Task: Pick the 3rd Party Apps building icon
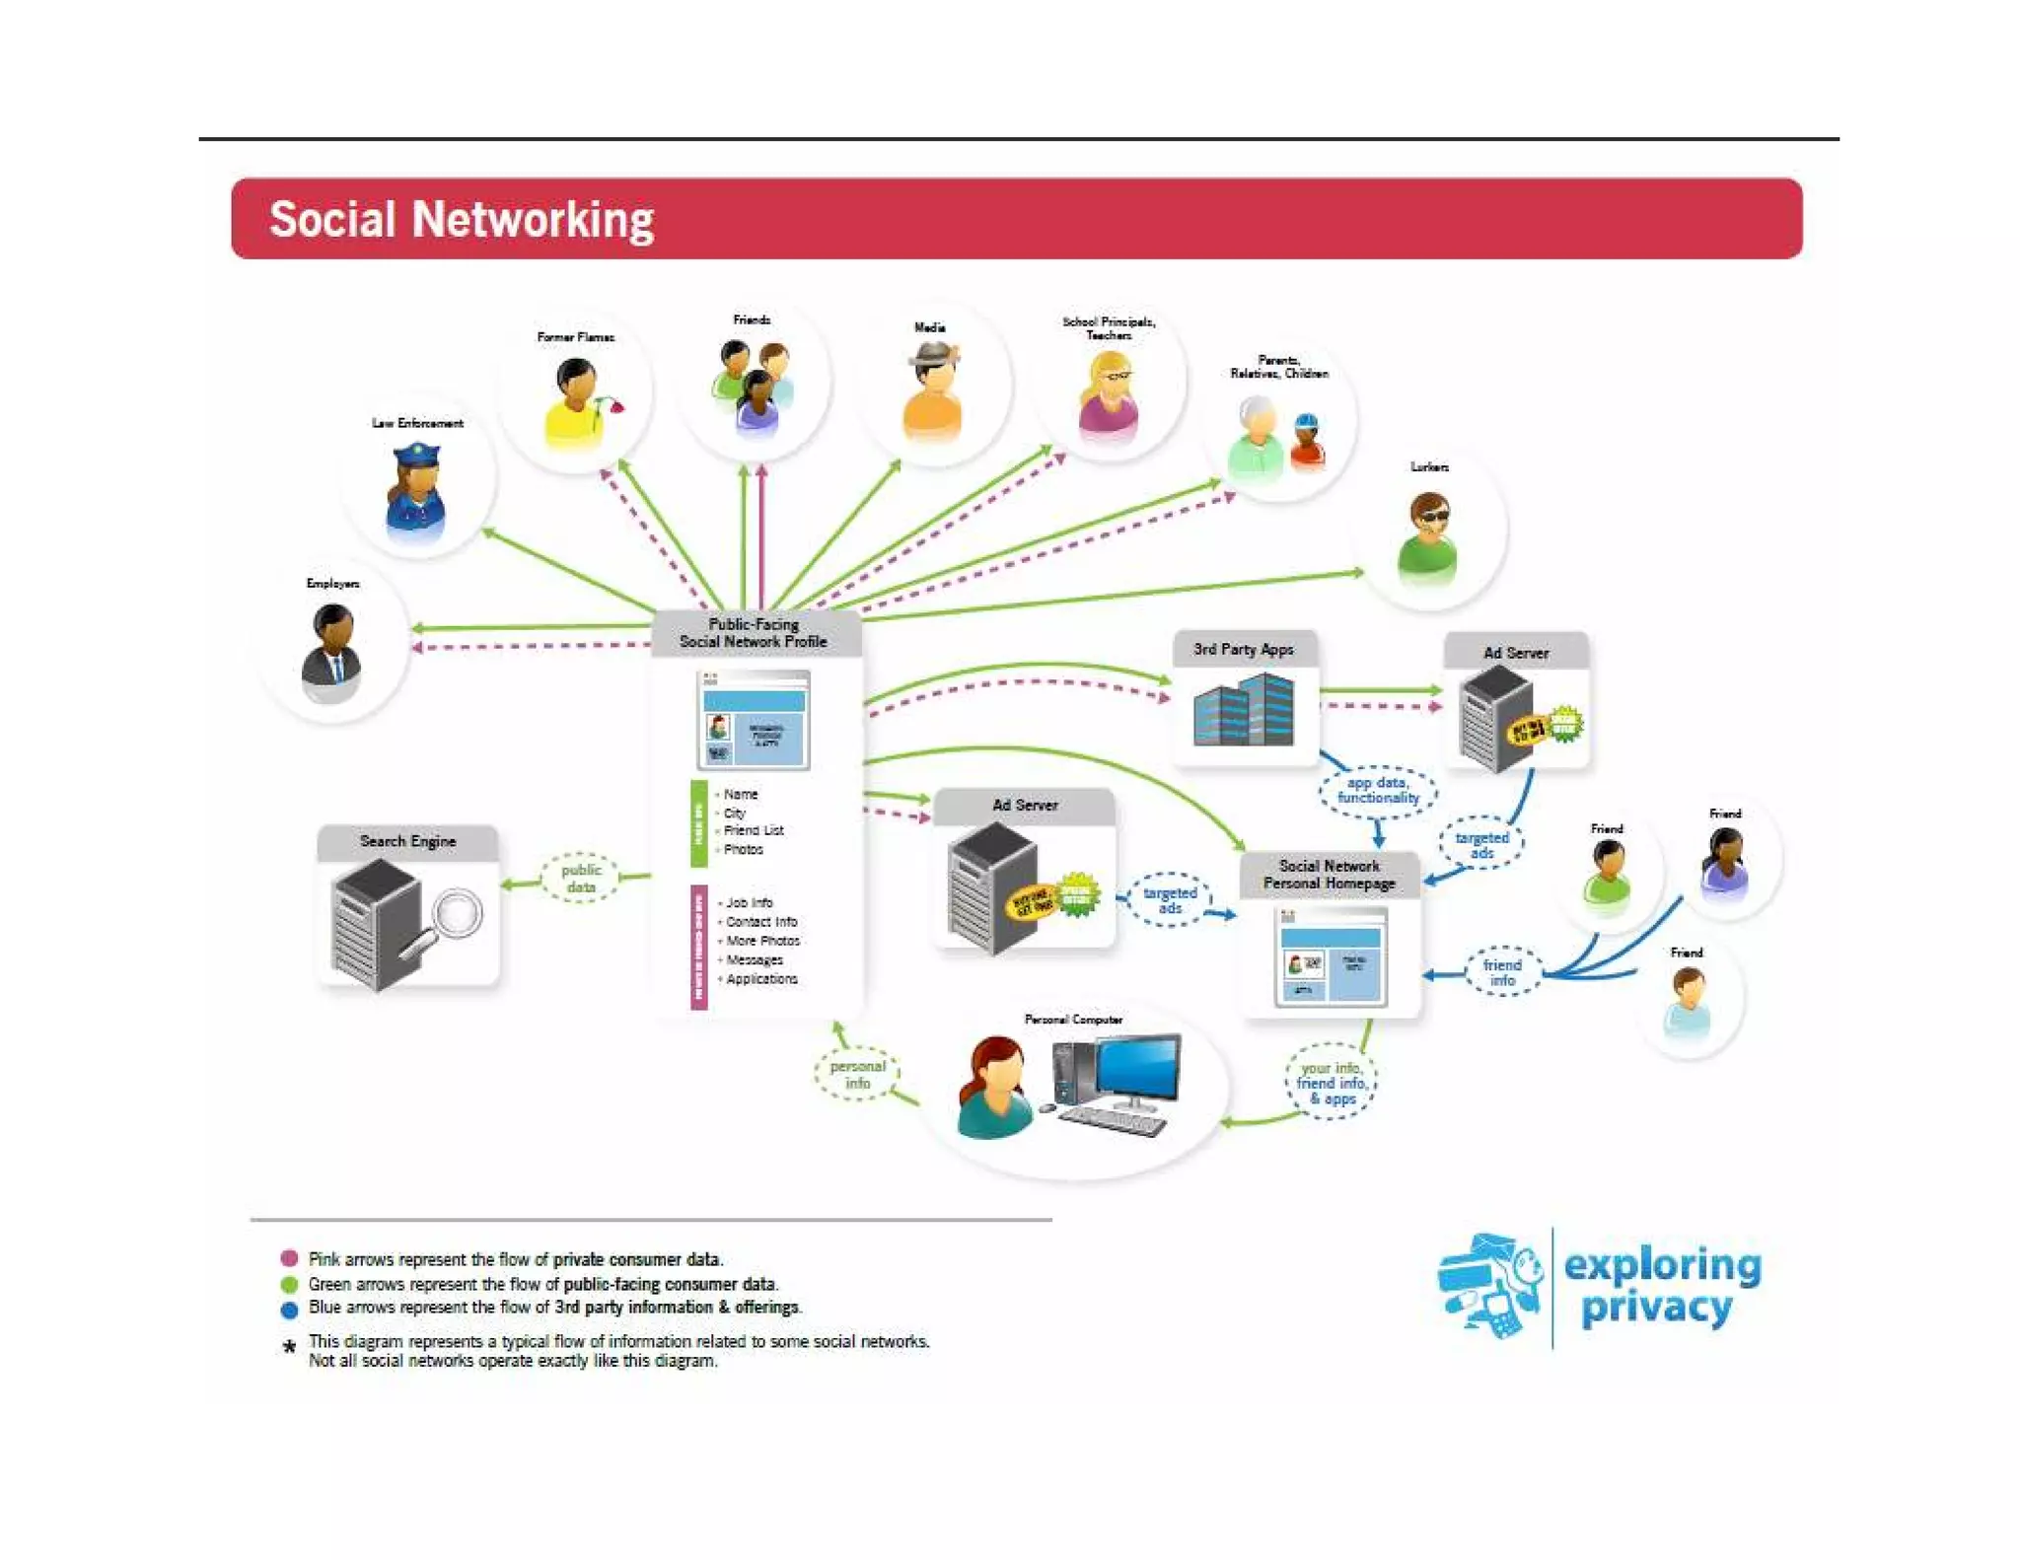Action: tap(1244, 710)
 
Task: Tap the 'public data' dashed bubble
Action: tap(581, 877)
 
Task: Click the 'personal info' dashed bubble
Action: tap(857, 1074)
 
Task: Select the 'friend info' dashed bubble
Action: tap(1501, 972)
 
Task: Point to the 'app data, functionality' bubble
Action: tap(1378, 790)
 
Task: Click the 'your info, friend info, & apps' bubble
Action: tap(1331, 1082)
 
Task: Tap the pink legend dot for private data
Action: tap(289, 1258)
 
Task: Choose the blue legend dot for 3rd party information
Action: tap(289, 1310)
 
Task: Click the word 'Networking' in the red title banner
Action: tap(533, 219)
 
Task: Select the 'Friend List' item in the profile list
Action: tap(754, 830)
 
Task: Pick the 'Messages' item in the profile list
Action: tap(755, 959)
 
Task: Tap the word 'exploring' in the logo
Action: tap(1662, 1265)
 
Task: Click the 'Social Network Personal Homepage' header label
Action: tap(1329, 875)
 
